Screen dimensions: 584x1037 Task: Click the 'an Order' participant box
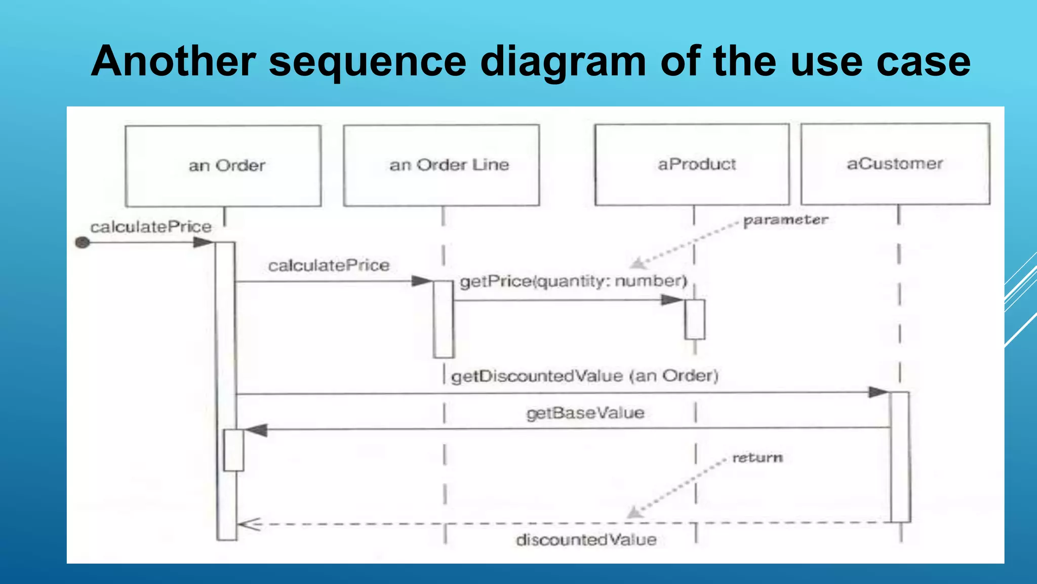point(223,166)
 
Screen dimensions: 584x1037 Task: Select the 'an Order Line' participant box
point(442,165)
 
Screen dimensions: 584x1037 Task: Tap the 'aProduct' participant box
point(692,164)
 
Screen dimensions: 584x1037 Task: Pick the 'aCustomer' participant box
point(895,164)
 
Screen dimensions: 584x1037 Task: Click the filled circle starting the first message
point(83,243)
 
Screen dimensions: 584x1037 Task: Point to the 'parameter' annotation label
point(785,220)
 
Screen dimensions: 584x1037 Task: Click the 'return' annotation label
point(757,458)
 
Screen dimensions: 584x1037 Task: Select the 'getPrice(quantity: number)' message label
point(573,281)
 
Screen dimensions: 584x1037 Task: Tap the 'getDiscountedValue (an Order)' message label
point(585,376)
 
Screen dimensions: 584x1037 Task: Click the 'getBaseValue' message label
point(585,413)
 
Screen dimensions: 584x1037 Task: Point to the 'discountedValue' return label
point(586,540)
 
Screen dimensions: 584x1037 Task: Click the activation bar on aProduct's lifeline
point(695,319)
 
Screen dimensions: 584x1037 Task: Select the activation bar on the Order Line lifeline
point(444,319)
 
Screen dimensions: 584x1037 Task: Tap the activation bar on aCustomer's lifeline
point(900,456)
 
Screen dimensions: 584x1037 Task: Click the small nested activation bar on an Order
point(233,450)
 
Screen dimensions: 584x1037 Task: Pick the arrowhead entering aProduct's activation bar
point(672,300)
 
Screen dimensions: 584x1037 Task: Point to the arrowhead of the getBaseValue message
point(256,430)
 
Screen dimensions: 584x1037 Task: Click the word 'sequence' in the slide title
point(367,62)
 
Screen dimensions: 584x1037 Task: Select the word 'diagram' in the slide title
point(563,62)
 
